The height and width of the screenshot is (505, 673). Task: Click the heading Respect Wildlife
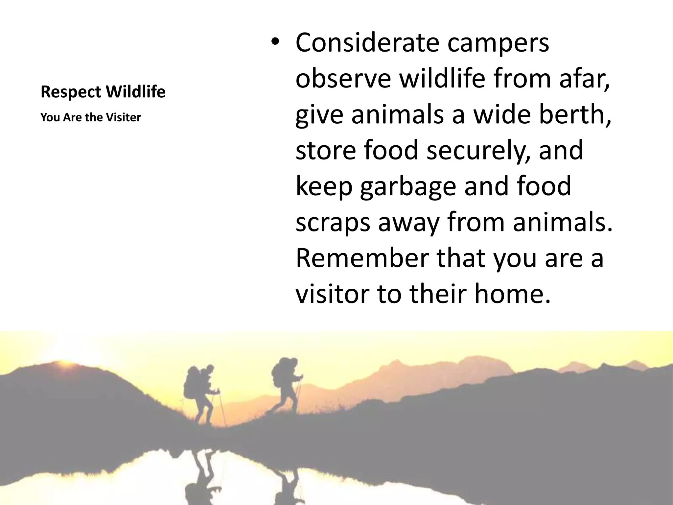[x=103, y=92]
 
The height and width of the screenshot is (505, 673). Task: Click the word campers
[x=498, y=43]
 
